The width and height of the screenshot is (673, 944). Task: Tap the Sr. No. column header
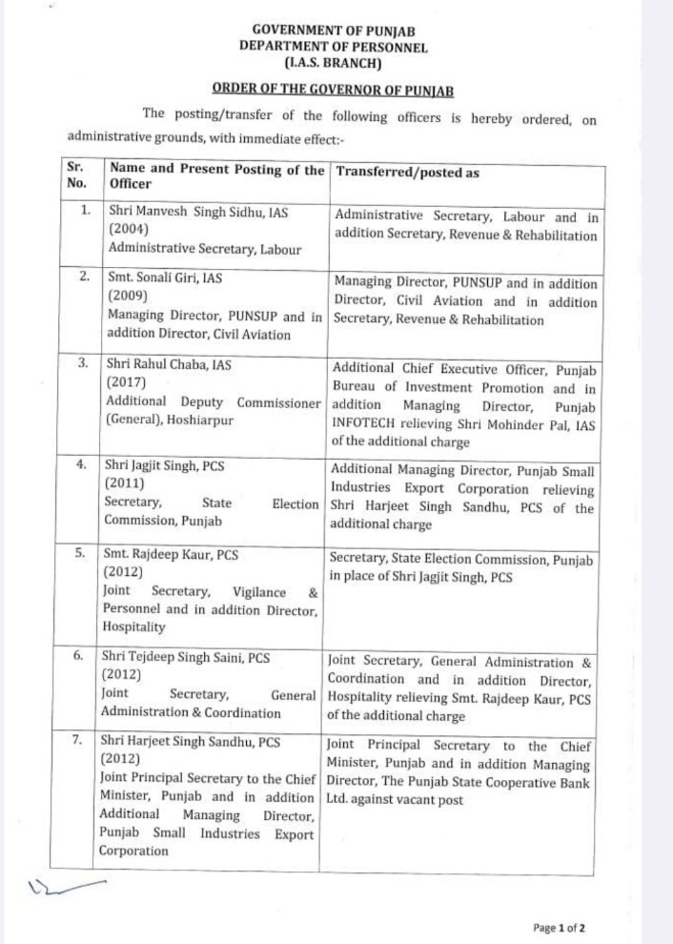click(x=75, y=174)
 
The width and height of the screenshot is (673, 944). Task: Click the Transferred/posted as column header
click(x=407, y=173)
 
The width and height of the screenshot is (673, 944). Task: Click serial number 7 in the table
click(x=84, y=739)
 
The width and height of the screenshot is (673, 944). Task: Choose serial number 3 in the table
click(x=84, y=363)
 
